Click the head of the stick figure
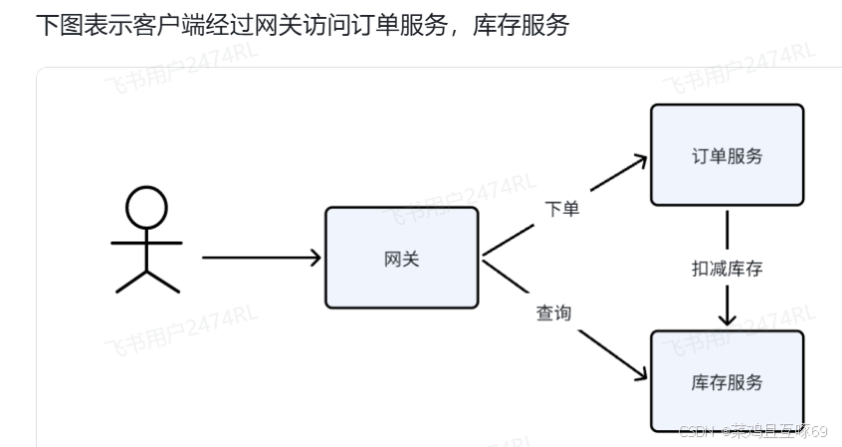146,206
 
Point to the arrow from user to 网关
259,258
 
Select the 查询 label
553,313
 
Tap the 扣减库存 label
728,268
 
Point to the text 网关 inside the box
401,259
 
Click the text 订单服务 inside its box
727,155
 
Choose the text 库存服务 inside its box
727,382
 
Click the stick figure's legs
147,280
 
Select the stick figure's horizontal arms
146,242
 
